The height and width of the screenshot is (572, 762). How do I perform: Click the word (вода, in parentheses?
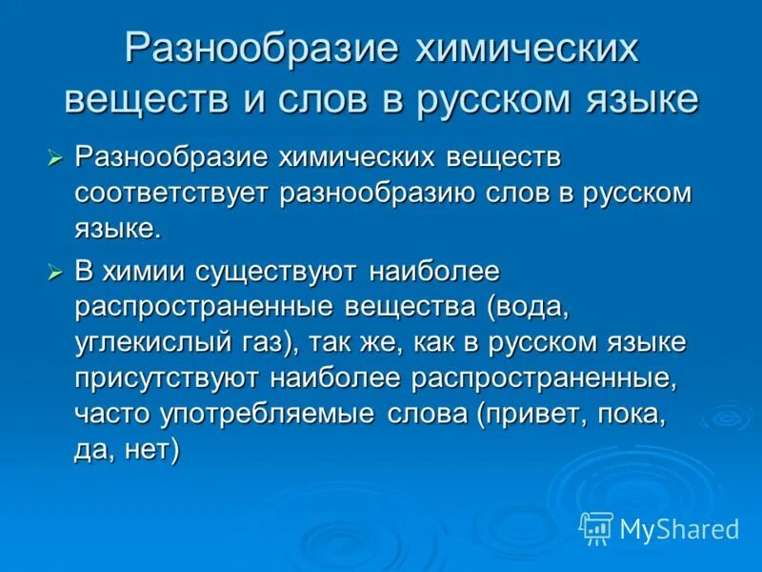(529, 307)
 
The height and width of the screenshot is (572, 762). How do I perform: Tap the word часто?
(106, 415)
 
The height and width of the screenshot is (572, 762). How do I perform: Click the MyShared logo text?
(679, 529)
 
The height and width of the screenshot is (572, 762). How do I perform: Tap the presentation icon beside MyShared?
(596, 528)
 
